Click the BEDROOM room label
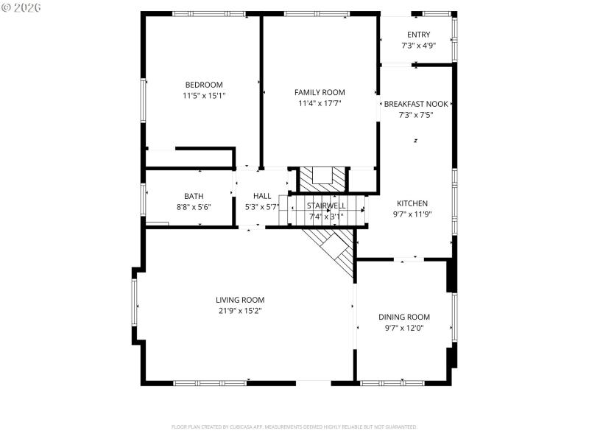click(204, 85)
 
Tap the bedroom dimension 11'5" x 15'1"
click(204, 96)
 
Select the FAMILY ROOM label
click(320, 92)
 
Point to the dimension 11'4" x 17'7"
click(320, 103)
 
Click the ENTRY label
click(418, 35)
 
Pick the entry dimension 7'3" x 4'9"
click(418, 46)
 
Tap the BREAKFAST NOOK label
click(417, 105)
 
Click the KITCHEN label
click(412, 203)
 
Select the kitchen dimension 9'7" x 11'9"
click(412, 214)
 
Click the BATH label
click(194, 196)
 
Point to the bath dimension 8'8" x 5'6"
click(194, 207)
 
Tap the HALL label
click(262, 196)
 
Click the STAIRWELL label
click(326, 206)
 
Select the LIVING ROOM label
click(240, 300)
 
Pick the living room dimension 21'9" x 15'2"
click(240, 311)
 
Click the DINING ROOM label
click(404, 317)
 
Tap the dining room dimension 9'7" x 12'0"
click(404, 328)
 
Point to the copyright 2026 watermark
click(21, 7)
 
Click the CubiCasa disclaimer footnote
click(294, 427)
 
